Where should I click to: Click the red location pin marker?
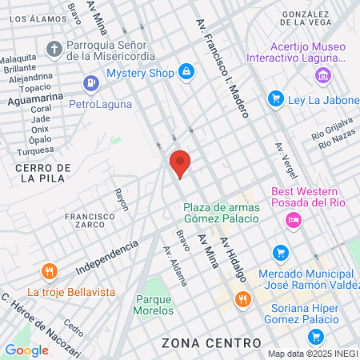[x=180, y=163]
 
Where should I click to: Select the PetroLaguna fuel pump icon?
[x=90, y=82]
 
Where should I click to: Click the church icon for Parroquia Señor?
[x=54, y=48]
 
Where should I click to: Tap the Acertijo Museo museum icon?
[x=324, y=76]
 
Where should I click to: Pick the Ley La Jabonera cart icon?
[x=276, y=98]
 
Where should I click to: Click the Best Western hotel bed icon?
[x=294, y=218]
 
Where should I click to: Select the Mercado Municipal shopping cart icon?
[x=279, y=253]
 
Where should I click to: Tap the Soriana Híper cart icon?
[x=314, y=337]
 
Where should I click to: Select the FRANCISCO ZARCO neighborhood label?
[x=90, y=222]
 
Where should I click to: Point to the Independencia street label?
[x=106, y=258]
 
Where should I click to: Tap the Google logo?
[x=26, y=350]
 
